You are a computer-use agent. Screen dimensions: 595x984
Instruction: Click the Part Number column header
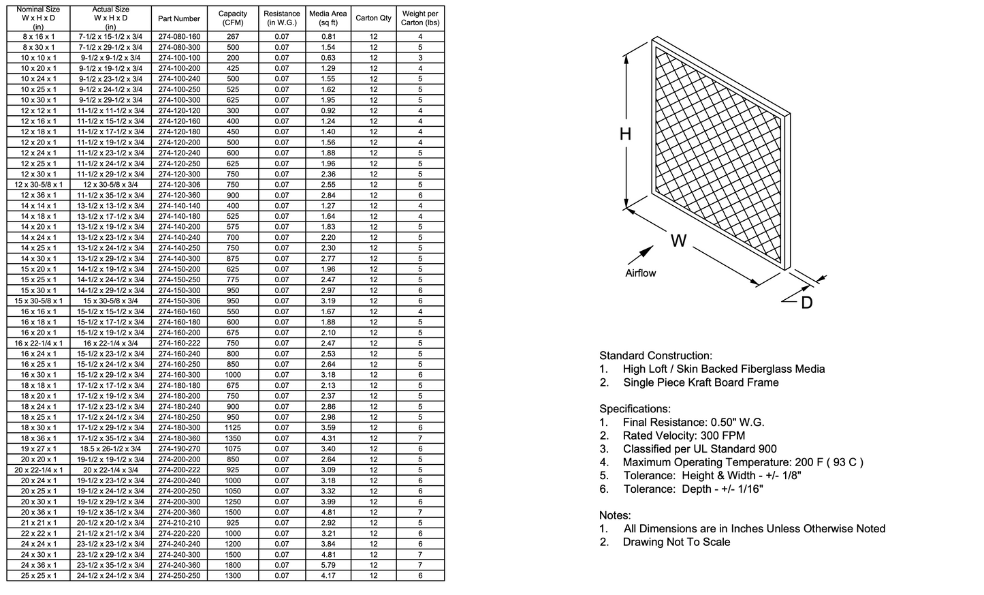tap(179, 18)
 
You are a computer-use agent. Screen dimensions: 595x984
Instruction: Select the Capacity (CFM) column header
tap(233, 18)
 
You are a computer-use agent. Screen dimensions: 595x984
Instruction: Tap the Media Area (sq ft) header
tap(328, 18)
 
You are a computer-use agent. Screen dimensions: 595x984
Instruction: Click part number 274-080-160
tap(179, 37)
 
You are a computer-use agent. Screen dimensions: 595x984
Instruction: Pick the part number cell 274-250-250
tap(179, 576)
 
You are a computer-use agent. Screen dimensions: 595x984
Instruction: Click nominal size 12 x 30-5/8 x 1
tap(38, 185)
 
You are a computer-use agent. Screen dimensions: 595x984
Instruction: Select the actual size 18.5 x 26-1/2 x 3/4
tap(110, 449)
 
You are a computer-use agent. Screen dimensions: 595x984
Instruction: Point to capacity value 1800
tap(233, 565)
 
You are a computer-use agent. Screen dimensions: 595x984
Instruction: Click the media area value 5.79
tap(328, 565)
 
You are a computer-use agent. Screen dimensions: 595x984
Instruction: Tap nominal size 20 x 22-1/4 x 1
tap(38, 470)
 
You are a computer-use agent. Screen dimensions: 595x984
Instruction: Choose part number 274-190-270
tap(179, 449)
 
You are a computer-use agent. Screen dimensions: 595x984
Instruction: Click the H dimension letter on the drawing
tap(625, 134)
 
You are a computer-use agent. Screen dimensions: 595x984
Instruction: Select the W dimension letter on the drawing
tap(678, 241)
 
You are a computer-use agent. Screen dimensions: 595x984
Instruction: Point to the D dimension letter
tap(806, 303)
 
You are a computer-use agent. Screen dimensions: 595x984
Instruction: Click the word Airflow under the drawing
tap(640, 273)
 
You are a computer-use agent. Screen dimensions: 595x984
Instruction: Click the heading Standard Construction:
tap(655, 356)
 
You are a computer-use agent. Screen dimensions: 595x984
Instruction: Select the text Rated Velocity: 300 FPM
tap(684, 436)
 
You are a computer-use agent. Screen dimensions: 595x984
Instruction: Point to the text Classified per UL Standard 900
tap(699, 449)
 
